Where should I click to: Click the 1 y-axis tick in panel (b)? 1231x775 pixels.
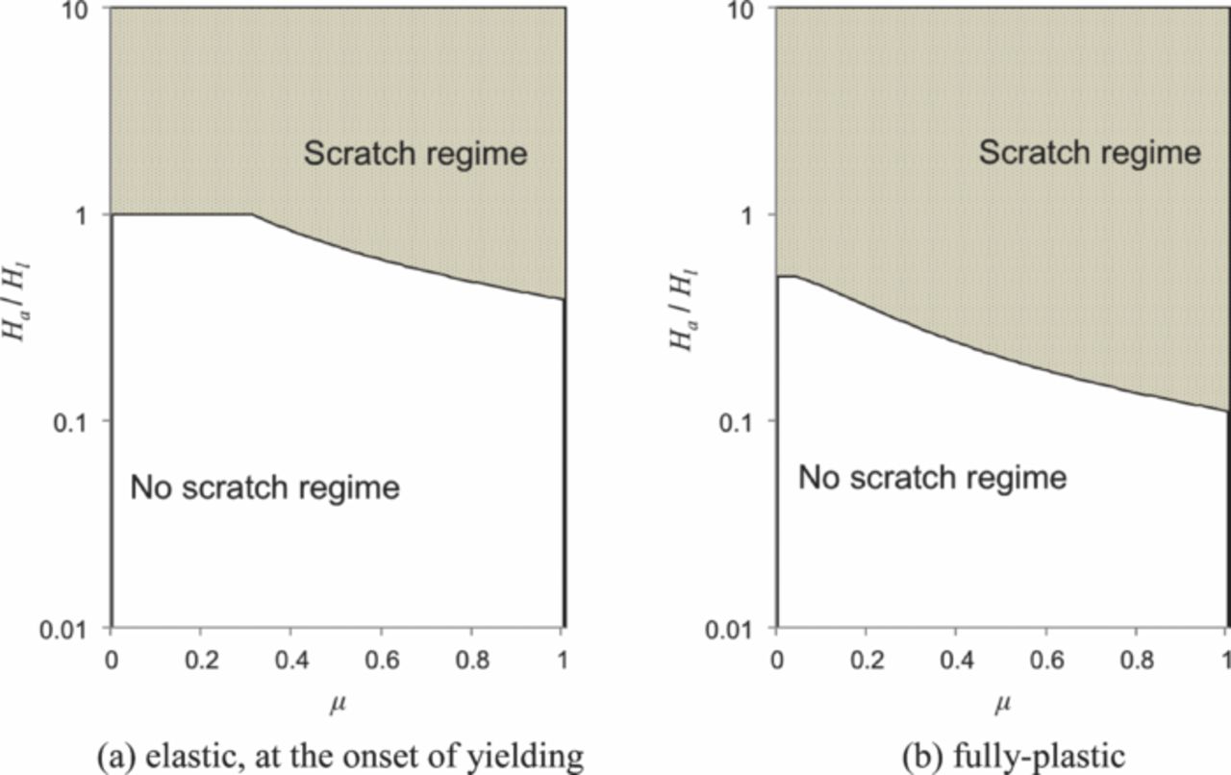(757, 214)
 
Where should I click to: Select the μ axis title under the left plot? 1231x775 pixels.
(335, 706)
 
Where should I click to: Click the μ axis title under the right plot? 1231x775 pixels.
(1000, 706)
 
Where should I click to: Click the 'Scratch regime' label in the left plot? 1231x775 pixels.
(415, 153)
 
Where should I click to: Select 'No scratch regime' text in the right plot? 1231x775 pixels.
(932, 477)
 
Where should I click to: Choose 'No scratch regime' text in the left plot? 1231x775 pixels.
(264, 487)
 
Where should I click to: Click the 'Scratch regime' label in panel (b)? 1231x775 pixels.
(1090, 151)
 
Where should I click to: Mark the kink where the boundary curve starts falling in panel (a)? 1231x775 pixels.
(253, 214)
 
